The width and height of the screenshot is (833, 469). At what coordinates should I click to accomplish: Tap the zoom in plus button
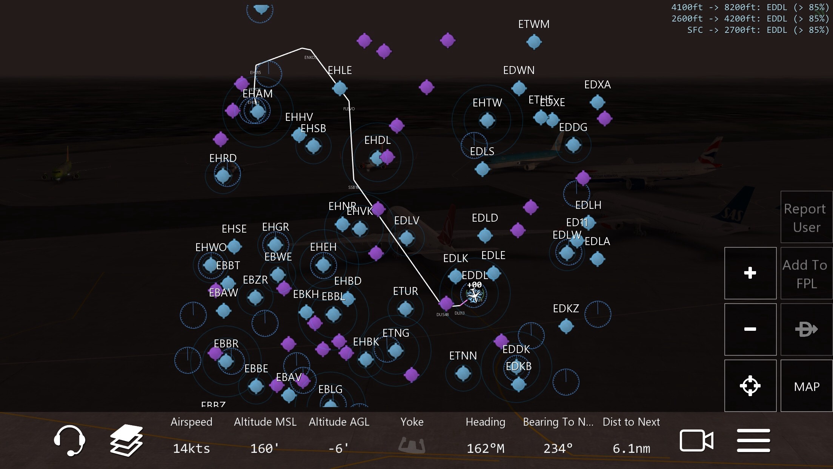pyautogui.click(x=750, y=273)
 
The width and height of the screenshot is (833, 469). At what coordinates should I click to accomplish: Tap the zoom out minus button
pyautogui.click(x=750, y=329)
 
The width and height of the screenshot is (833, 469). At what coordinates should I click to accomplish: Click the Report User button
pyautogui.click(x=806, y=218)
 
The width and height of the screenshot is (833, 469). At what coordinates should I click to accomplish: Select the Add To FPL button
pyautogui.click(x=806, y=274)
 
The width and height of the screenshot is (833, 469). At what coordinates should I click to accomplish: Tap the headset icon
pyautogui.click(x=69, y=440)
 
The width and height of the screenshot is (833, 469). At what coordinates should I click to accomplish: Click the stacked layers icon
pyautogui.click(x=126, y=440)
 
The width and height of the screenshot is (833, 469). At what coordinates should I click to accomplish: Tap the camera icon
pyautogui.click(x=696, y=440)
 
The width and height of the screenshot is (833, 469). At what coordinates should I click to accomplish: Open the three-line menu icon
pyautogui.click(x=753, y=440)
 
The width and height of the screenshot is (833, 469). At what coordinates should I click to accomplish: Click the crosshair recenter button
pyautogui.click(x=750, y=386)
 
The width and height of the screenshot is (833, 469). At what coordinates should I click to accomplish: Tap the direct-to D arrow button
pyautogui.click(x=806, y=329)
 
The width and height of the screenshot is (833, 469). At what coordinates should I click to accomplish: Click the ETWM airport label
pyautogui.click(x=534, y=24)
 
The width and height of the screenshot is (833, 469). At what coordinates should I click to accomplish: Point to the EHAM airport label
pyautogui.click(x=258, y=94)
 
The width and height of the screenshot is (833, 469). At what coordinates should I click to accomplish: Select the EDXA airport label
pyautogui.click(x=597, y=85)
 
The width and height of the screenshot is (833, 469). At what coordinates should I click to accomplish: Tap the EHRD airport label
pyautogui.click(x=223, y=158)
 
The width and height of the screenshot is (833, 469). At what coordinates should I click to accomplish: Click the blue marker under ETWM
pyautogui.click(x=534, y=42)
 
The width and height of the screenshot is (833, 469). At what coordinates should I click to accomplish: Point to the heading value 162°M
pyautogui.click(x=485, y=449)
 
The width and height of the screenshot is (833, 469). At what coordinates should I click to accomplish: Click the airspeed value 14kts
pyautogui.click(x=191, y=449)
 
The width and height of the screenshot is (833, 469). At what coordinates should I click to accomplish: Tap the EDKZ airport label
pyautogui.click(x=566, y=309)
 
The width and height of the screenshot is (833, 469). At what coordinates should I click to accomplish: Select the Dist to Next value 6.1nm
pyautogui.click(x=631, y=449)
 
